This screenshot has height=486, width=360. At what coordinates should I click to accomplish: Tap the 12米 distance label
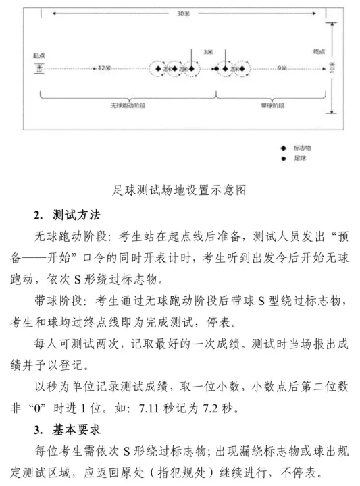[103, 68]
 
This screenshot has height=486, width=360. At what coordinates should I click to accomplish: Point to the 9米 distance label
[282, 68]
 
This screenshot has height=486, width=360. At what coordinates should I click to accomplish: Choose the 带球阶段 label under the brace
[272, 106]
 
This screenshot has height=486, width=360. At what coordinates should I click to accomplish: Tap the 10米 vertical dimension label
[332, 67]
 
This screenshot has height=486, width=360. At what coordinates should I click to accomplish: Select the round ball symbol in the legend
[284, 158]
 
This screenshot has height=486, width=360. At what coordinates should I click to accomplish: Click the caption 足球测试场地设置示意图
[179, 190]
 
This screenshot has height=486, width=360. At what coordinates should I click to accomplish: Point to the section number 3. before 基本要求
[38, 429]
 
